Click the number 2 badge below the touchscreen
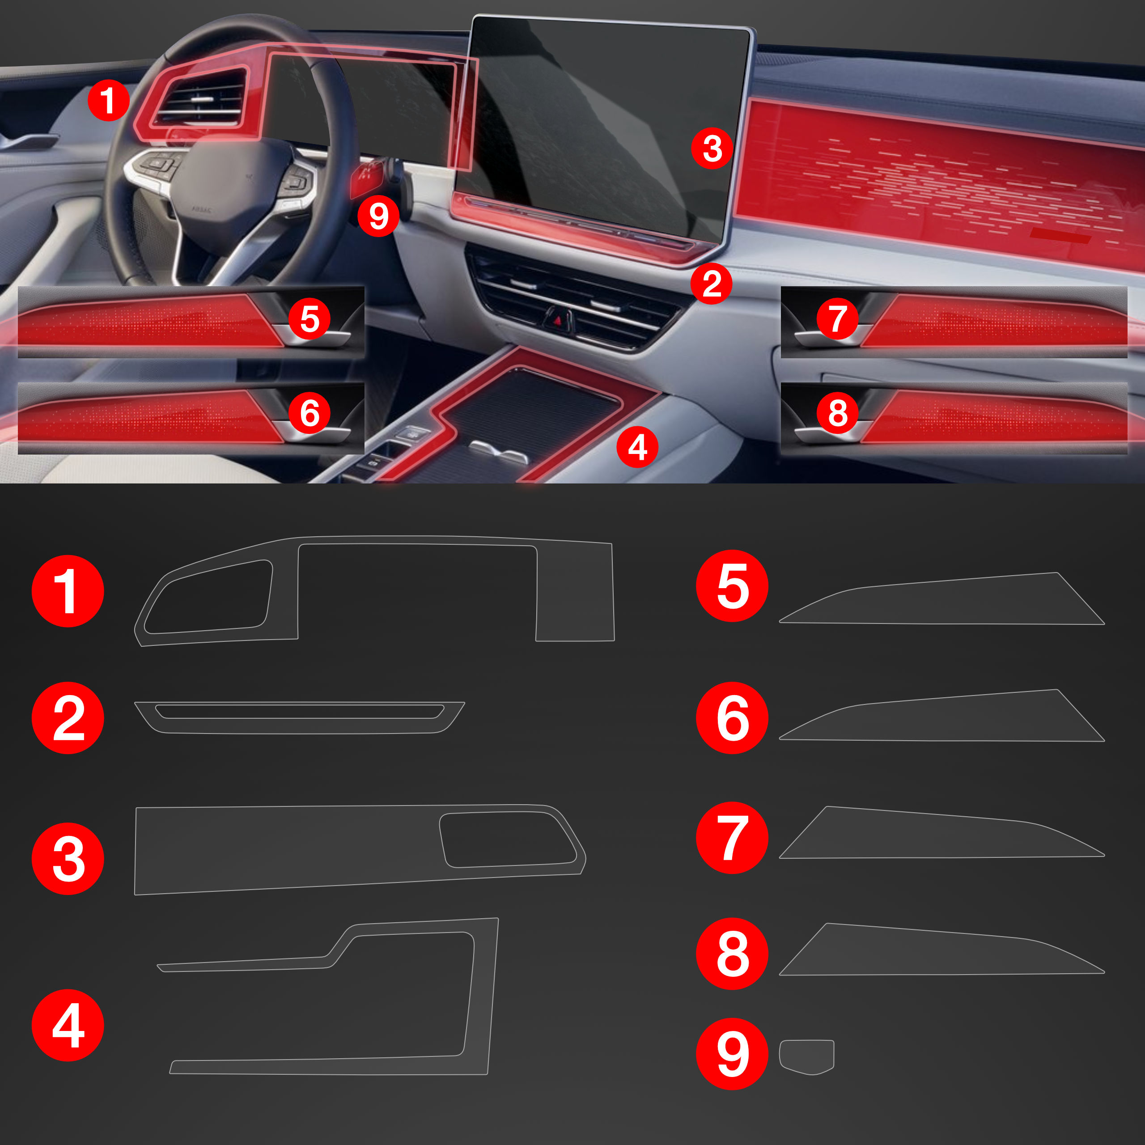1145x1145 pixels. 712,283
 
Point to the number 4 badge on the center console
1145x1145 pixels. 637,447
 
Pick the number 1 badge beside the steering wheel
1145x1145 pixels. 108,100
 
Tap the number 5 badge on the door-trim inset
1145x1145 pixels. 310,319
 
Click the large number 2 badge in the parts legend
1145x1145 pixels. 68,718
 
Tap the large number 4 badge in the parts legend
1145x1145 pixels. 68,1025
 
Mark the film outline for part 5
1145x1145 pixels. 942,598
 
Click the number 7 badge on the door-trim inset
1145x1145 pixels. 837,319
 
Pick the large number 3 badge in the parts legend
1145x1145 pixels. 68,858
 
